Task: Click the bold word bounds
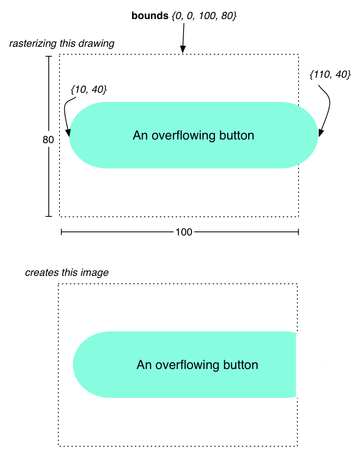tap(149, 17)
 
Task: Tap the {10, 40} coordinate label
tap(88, 90)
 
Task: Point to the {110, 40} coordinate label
tap(330, 75)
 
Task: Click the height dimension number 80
tap(48, 140)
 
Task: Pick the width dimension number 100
tap(184, 232)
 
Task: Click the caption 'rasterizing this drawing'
tap(61, 43)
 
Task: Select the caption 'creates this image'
tap(67, 273)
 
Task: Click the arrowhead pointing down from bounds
tap(183, 50)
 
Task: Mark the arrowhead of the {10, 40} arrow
tap(69, 134)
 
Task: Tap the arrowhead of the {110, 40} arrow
tap(320, 134)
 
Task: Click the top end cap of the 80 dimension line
tap(49, 57)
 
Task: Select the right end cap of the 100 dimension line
tap(298, 232)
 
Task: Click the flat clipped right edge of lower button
tap(296, 365)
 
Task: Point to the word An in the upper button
tap(140, 136)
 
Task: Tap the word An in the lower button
tap(144, 365)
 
